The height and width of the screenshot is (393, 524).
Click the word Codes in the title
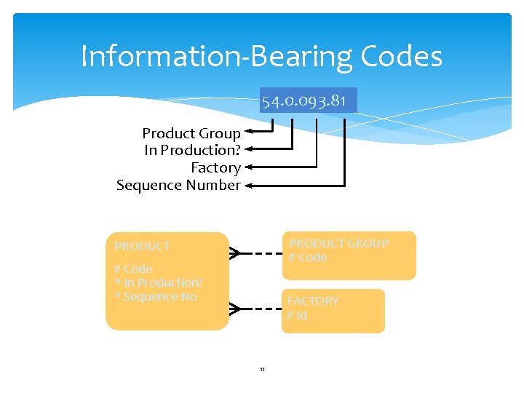click(400, 56)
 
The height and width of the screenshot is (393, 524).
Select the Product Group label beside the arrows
click(191, 133)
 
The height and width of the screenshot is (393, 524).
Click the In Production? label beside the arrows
click(192, 151)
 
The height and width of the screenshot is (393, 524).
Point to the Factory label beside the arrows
click(215, 168)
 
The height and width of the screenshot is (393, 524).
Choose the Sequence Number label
click(178, 186)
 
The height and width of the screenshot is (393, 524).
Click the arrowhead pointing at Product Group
click(248, 132)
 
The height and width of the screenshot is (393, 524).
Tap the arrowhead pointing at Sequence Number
click(248, 186)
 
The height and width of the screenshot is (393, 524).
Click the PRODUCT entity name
click(143, 247)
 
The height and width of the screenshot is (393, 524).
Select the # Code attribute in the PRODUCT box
click(133, 269)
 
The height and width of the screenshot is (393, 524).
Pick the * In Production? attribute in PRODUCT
click(159, 282)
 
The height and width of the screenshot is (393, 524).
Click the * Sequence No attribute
click(155, 296)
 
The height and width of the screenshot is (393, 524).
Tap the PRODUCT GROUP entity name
click(339, 243)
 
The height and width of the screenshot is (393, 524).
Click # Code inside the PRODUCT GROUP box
click(308, 257)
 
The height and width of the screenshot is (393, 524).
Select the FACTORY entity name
click(313, 301)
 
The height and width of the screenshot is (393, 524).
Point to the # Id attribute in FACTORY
click(297, 315)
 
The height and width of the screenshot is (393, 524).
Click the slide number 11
click(262, 370)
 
